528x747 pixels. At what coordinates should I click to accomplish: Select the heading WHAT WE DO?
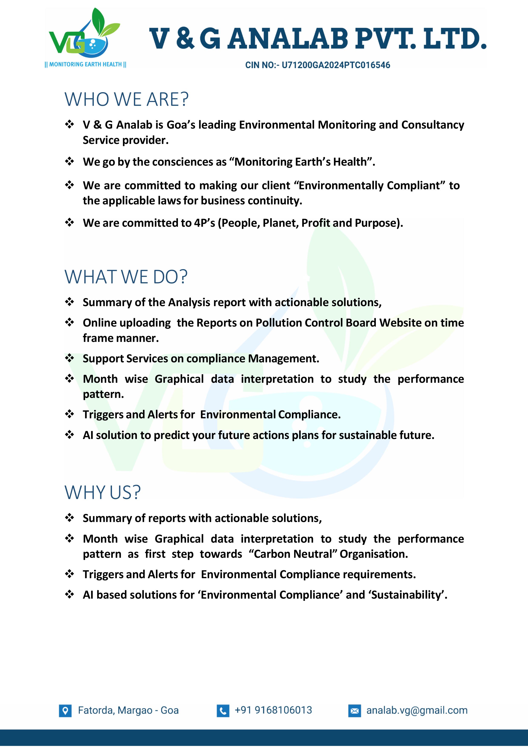pos(126,277)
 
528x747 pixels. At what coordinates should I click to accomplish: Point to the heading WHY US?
pos(103,493)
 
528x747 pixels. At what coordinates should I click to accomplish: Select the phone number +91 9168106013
pos(273,710)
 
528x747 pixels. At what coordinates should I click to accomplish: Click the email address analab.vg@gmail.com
pos(417,710)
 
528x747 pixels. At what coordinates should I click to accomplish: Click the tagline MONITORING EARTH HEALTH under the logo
pos(85,65)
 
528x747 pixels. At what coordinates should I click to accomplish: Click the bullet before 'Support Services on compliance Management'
pos(70,358)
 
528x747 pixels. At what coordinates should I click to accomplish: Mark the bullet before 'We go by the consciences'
pos(70,161)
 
